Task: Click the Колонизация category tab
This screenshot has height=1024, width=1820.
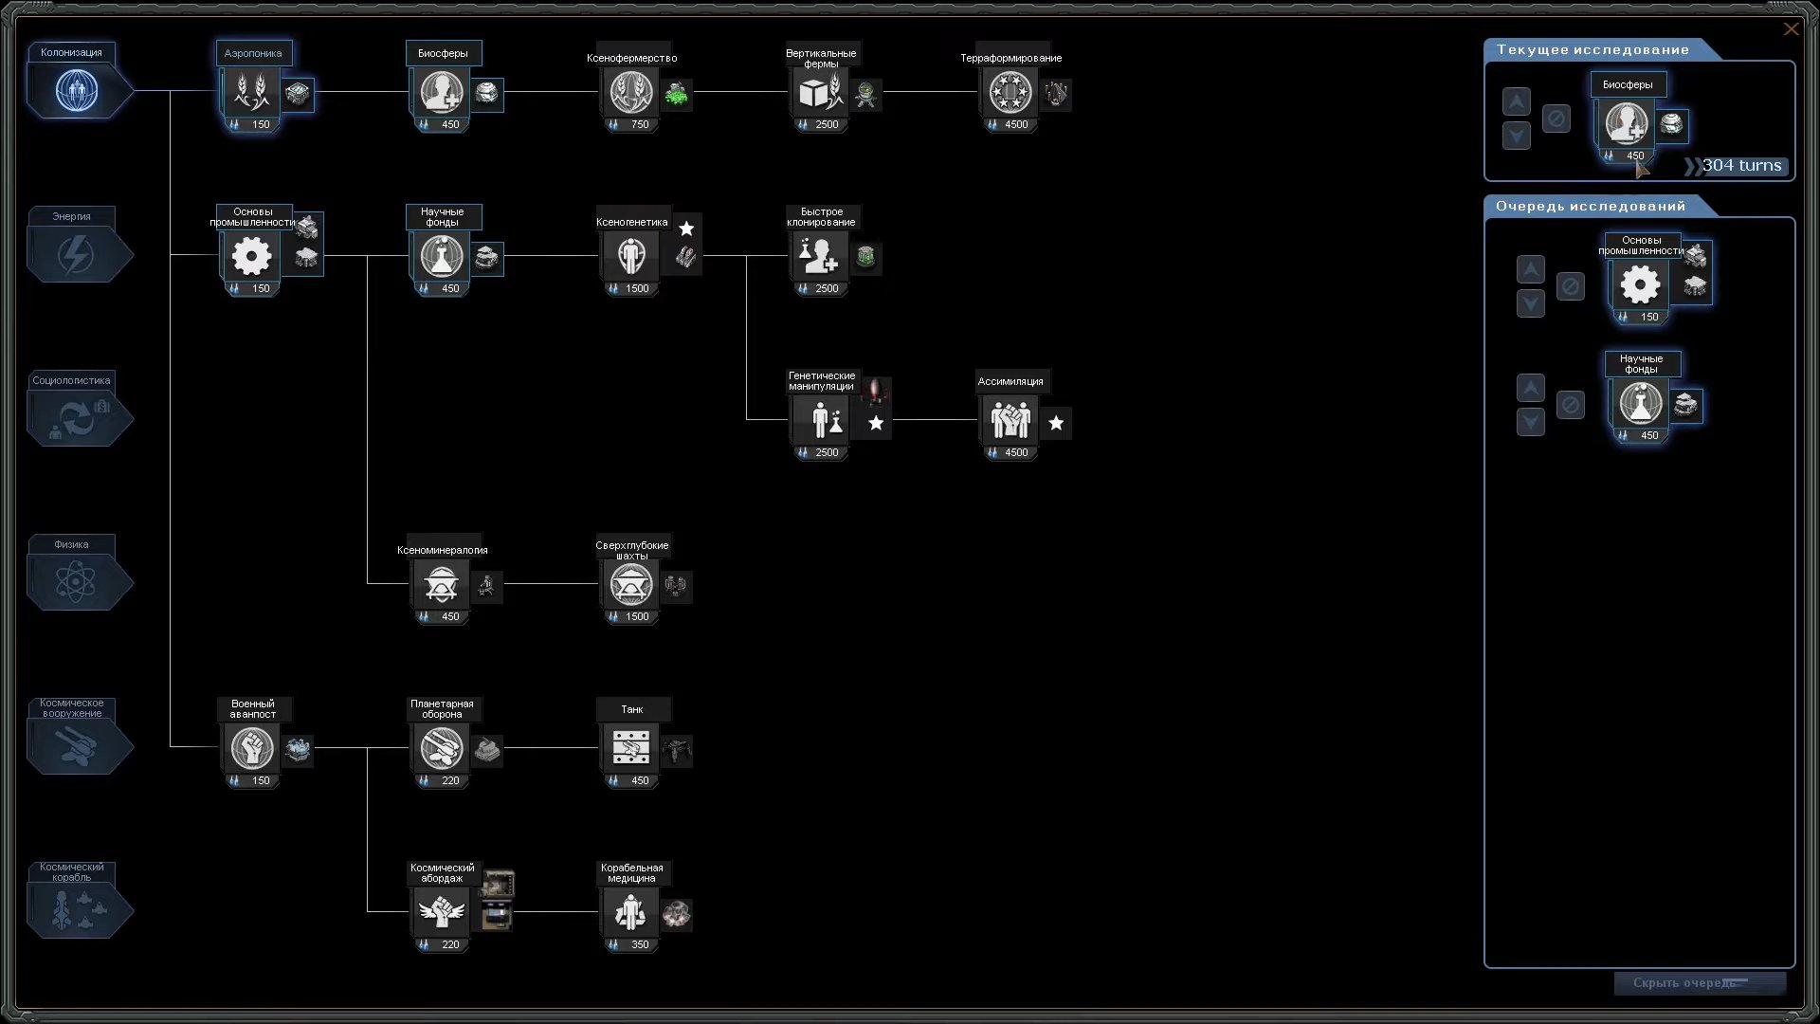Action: (x=77, y=91)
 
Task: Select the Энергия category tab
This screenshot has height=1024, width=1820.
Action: (x=77, y=255)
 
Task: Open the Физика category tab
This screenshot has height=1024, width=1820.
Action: (x=77, y=582)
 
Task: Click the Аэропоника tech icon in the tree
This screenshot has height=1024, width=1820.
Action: (x=251, y=93)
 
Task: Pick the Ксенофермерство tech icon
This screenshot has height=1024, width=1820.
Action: (x=630, y=93)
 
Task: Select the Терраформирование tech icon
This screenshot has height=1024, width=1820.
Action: (x=1010, y=93)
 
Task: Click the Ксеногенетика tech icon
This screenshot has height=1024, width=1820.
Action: (x=630, y=256)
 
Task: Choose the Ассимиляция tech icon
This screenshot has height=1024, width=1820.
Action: (x=1010, y=420)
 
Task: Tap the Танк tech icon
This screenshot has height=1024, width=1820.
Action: (x=630, y=748)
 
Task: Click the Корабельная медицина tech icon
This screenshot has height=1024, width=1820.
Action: (x=630, y=913)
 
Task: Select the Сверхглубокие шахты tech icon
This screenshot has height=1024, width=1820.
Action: (x=630, y=585)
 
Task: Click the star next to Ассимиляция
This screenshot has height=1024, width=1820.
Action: (x=1056, y=423)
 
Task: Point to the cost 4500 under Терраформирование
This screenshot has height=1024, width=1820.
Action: (x=1016, y=124)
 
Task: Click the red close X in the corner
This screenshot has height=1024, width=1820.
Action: (x=1791, y=29)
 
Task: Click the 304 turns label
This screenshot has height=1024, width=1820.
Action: (x=1741, y=166)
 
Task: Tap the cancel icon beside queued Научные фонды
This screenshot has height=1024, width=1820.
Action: (x=1571, y=405)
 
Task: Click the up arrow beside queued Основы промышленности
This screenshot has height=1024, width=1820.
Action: (x=1531, y=269)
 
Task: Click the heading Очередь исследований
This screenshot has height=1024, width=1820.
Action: (x=1591, y=206)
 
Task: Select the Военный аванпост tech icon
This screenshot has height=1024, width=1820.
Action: (x=251, y=748)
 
